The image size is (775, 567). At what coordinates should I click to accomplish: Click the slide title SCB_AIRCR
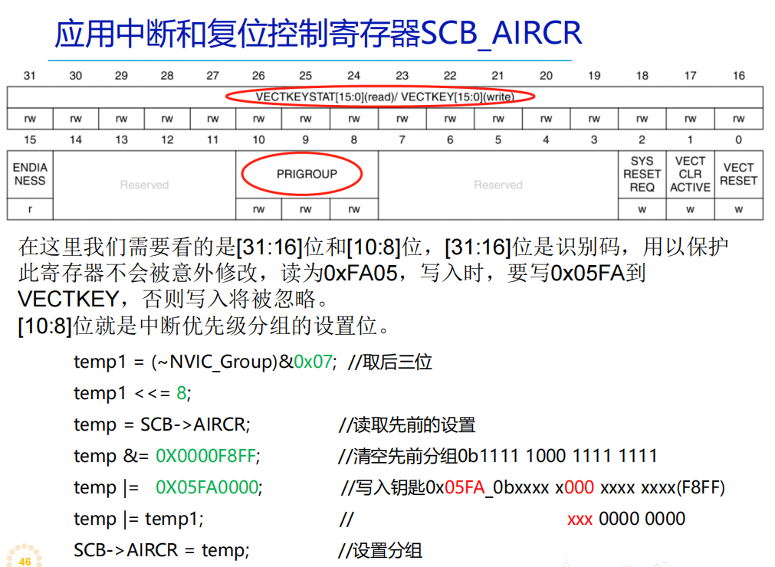coord(318,33)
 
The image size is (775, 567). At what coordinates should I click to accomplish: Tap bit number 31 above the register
coord(30,75)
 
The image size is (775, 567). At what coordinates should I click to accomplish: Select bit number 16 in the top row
coord(738,75)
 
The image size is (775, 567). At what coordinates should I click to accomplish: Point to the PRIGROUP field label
coord(307,174)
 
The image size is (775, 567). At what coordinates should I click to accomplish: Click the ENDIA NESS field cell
coord(30,174)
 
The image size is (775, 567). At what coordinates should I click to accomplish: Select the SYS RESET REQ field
coord(642,174)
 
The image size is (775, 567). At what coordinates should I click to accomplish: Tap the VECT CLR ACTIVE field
coord(690,174)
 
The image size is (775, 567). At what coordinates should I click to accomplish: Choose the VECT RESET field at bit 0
coord(738,174)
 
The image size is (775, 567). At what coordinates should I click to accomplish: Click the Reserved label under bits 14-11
coord(144,185)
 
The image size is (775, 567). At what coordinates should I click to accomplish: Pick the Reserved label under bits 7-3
coord(498,185)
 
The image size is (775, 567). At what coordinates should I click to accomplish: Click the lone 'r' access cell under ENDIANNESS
coord(30,209)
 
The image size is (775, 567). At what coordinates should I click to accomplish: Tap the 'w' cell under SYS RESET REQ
coord(642,209)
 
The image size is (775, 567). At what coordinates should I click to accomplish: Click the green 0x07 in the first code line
coord(314,362)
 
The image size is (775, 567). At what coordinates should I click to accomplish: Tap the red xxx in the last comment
coord(580,519)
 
